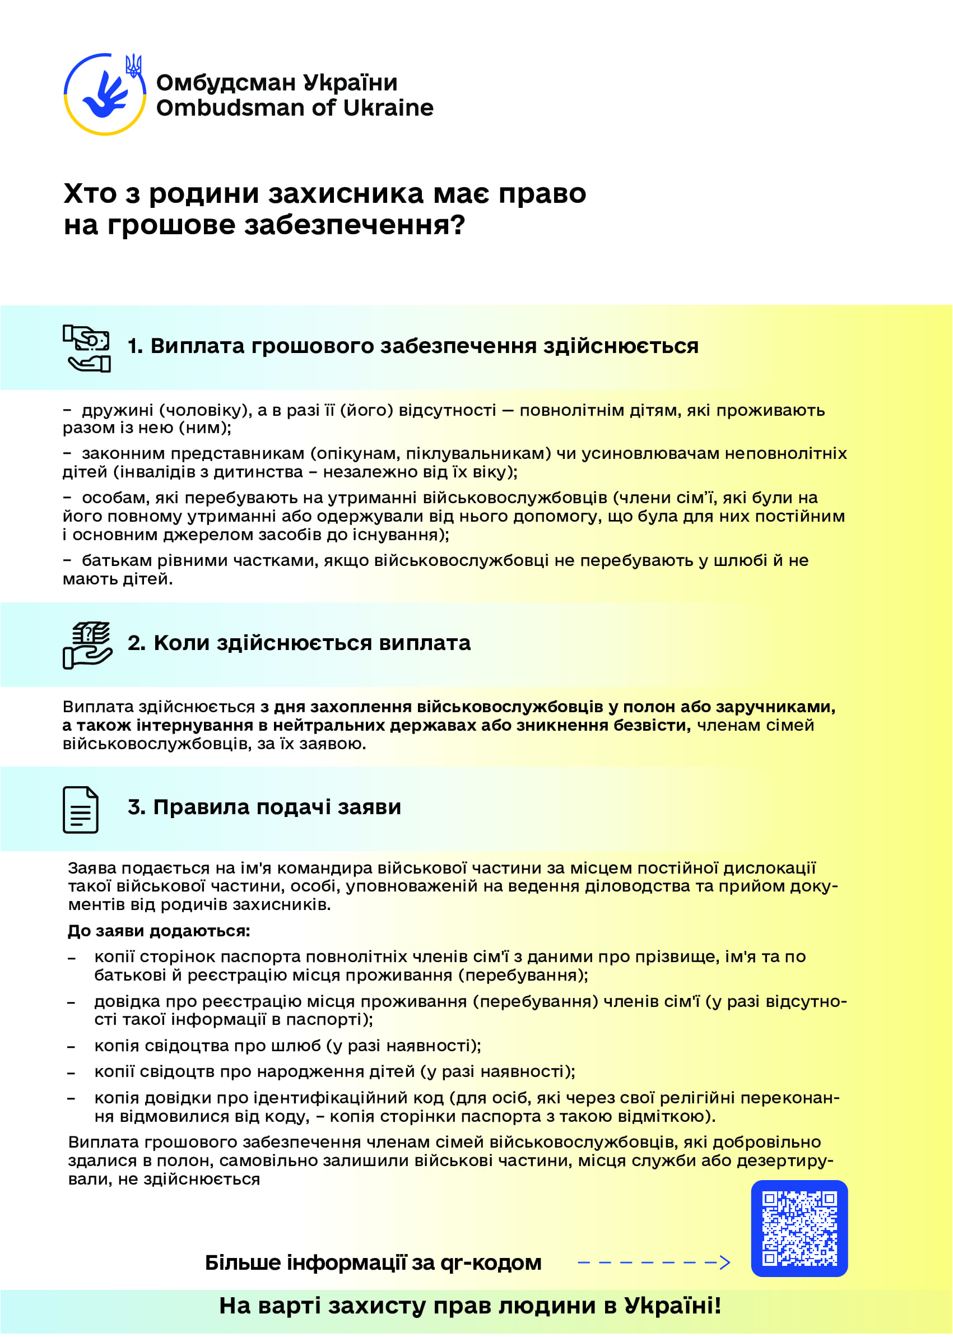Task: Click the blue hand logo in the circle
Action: (x=104, y=95)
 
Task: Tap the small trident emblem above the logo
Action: (x=133, y=65)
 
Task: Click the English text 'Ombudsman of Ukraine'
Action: (x=295, y=108)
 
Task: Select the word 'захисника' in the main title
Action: (x=346, y=193)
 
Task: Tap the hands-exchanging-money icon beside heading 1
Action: (x=87, y=348)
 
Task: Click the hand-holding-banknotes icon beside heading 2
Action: (x=87, y=645)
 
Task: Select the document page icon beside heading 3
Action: (x=80, y=809)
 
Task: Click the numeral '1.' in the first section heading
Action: (x=135, y=346)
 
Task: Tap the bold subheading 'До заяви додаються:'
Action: (x=159, y=931)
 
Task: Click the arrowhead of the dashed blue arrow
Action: (x=726, y=1262)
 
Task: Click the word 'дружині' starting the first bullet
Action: (x=117, y=410)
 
